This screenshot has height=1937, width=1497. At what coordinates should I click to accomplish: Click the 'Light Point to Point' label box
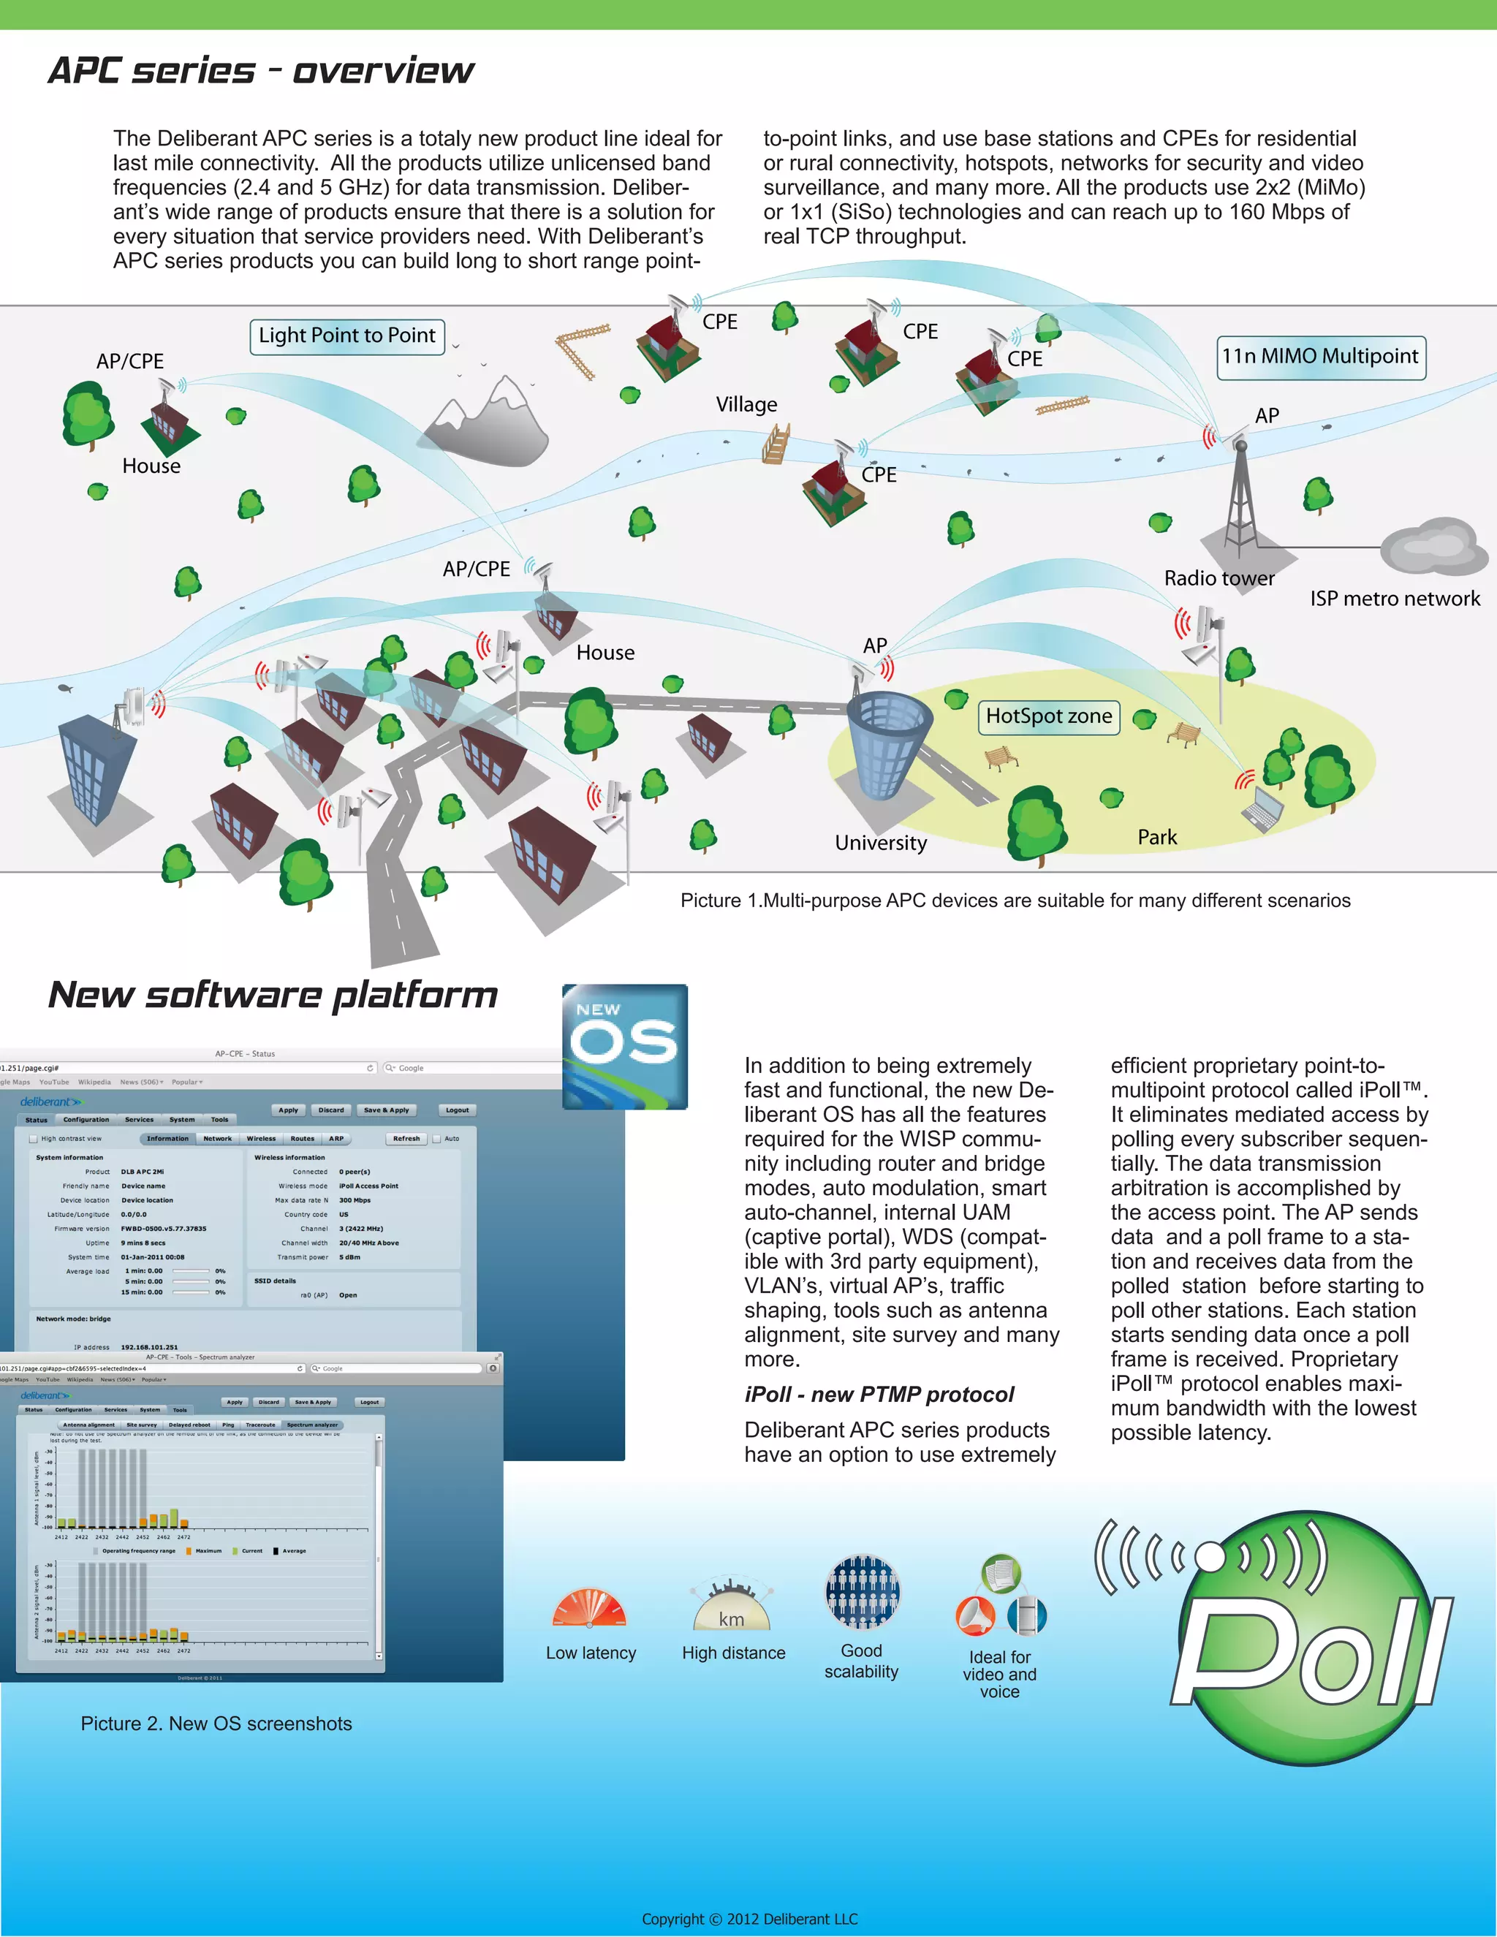(x=346, y=336)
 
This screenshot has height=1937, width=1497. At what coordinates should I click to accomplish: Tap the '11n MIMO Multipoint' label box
(x=1321, y=357)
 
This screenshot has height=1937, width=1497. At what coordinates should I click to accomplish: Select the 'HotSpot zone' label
(x=1048, y=716)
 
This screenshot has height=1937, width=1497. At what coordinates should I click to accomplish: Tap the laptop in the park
(x=1265, y=808)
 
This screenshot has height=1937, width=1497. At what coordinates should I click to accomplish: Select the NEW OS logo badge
(x=624, y=1046)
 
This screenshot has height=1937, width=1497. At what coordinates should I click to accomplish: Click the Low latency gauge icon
(x=590, y=1610)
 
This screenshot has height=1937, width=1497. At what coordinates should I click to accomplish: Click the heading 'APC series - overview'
(x=261, y=71)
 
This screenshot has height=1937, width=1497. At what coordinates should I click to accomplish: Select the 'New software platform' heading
(x=273, y=995)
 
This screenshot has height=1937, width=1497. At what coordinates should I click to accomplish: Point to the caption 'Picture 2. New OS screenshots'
(x=216, y=1724)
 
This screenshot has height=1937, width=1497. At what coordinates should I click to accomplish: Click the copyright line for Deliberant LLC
(x=749, y=1919)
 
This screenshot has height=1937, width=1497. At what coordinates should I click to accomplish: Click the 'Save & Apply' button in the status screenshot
(x=387, y=1110)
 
